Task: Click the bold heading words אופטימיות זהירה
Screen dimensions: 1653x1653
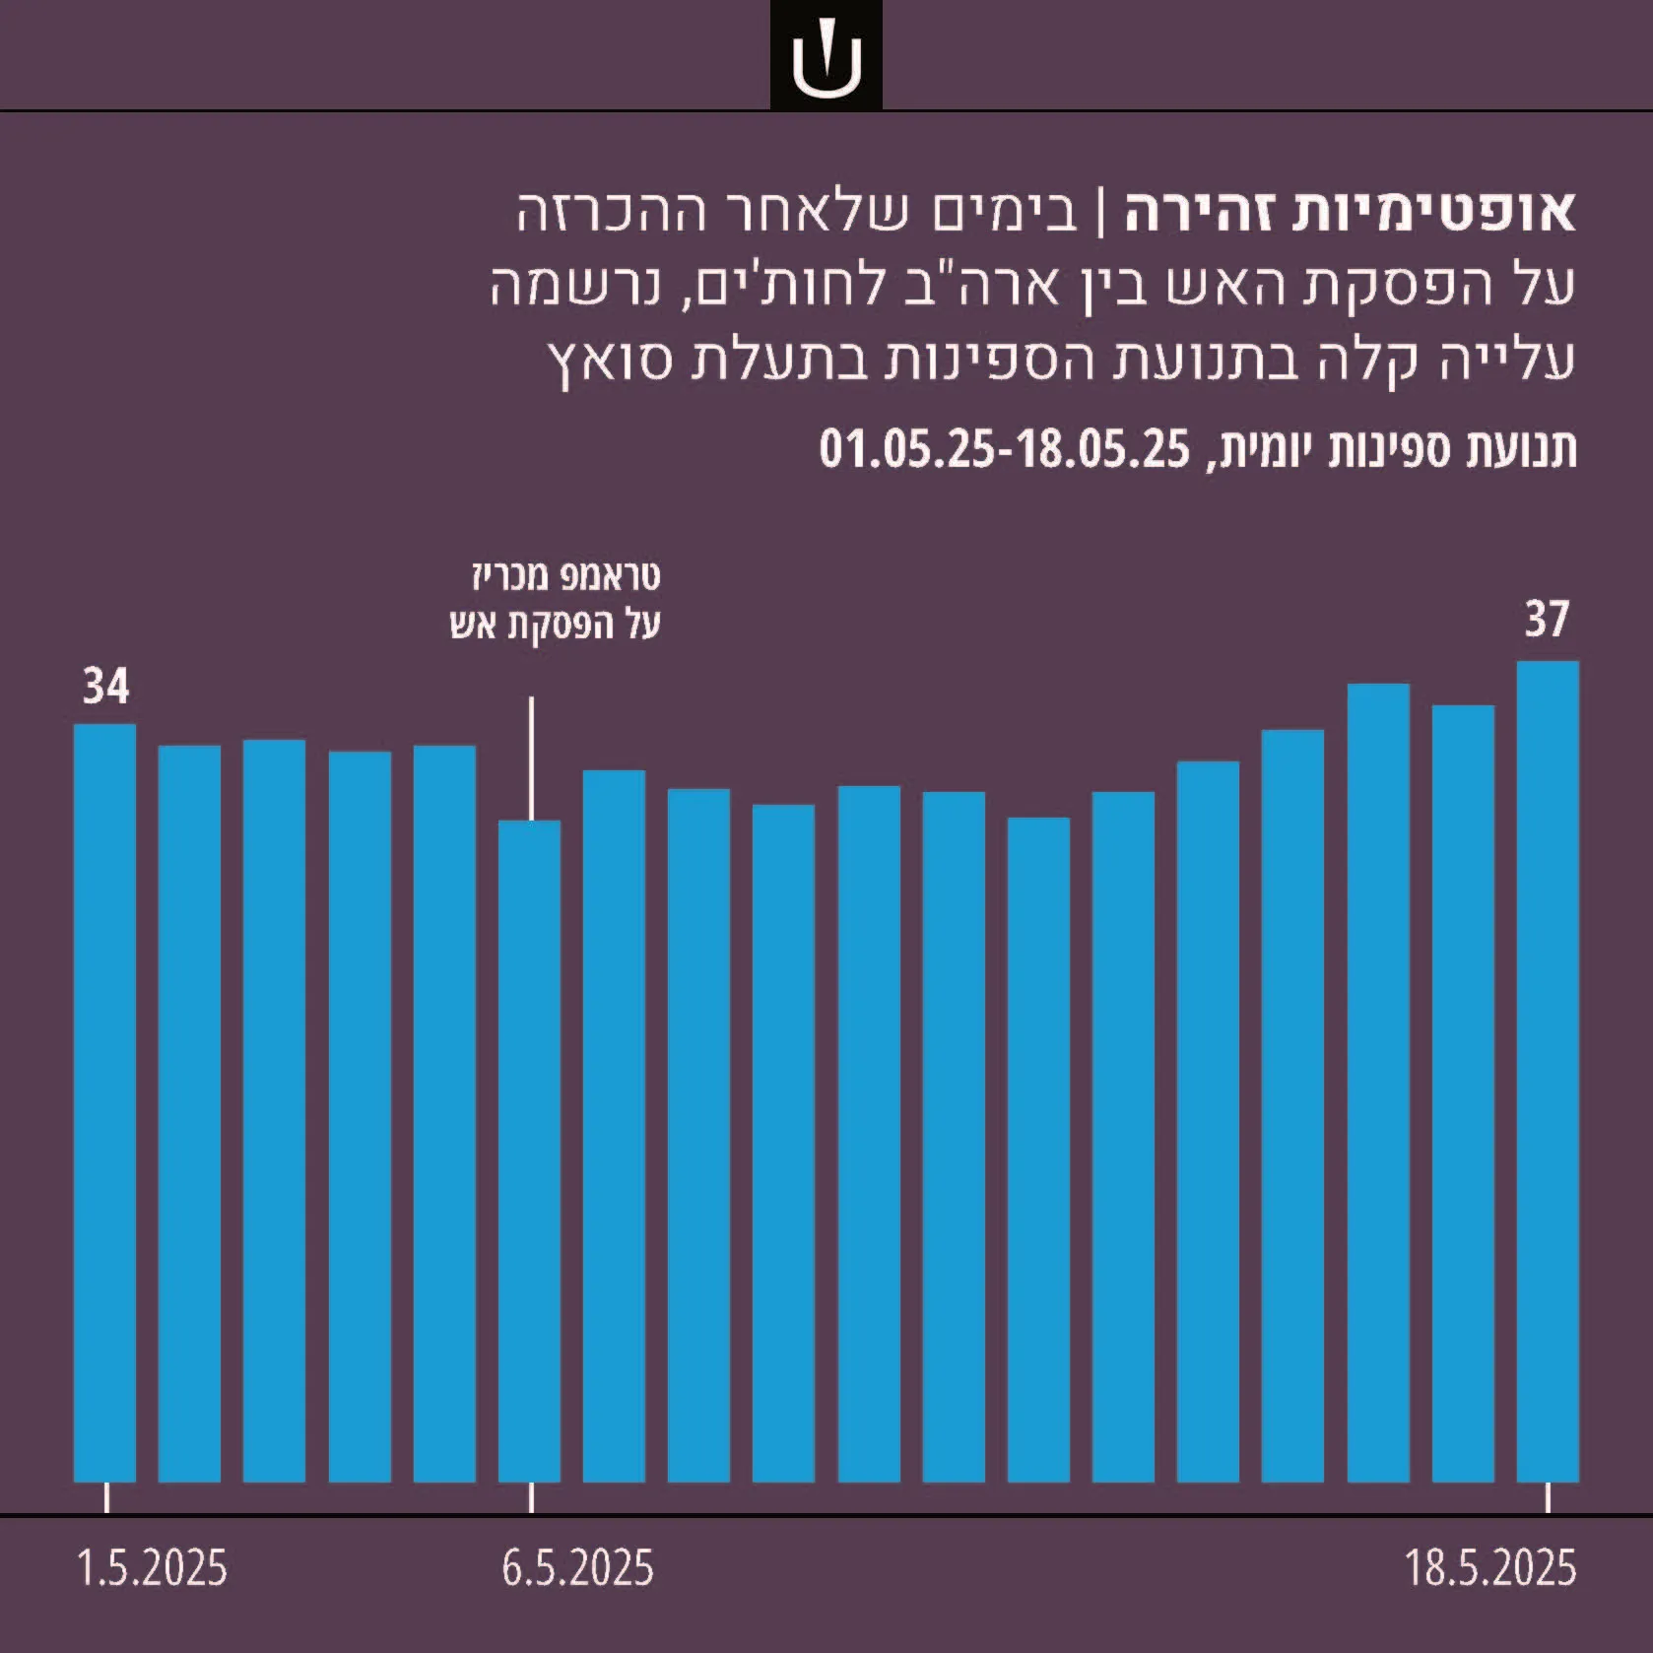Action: (1351, 212)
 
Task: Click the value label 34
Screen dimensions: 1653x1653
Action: (105, 687)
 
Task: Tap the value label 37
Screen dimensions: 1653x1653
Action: (1547, 620)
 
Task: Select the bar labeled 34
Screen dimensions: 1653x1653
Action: (104, 1103)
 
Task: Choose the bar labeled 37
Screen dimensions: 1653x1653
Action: (1548, 1072)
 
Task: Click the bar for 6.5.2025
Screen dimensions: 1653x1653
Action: (529, 1152)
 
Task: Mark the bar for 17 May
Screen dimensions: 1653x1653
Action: (1463, 1093)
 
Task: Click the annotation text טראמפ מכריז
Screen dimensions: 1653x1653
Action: (566, 576)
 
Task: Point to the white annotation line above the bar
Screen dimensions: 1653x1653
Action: (532, 759)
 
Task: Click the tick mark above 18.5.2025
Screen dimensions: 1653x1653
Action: (1548, 1498)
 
